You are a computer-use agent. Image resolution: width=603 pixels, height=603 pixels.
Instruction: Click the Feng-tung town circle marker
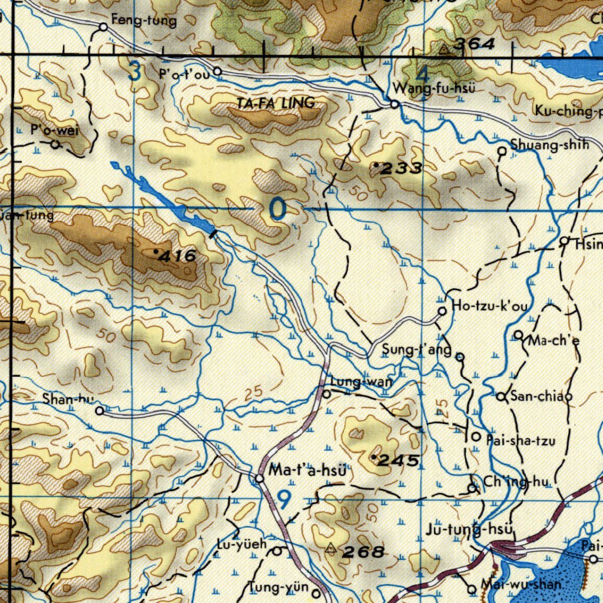[x=103, y=26]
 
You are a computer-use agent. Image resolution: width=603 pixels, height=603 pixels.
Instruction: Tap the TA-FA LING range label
[x=276, y=103]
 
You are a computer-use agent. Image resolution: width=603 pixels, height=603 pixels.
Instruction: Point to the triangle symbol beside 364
[x=444, y=49]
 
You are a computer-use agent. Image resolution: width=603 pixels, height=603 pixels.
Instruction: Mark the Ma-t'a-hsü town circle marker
[x=260, y=478]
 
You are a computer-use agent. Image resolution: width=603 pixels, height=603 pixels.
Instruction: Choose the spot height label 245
[x=399, y=460]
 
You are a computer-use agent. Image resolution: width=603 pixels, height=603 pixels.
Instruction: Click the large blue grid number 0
[x=277, y=209]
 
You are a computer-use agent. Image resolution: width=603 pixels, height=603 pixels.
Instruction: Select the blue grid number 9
[x=284, y=500]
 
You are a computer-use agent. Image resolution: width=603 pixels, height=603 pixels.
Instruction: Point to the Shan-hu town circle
[x=100, y=411]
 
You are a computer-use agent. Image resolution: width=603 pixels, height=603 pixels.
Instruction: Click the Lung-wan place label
[x=361, y=382]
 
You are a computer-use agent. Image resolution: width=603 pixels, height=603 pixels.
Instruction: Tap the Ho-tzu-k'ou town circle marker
[x=442, y=311]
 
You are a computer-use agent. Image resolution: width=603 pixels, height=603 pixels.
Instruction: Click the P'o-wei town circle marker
[x=55, y=144]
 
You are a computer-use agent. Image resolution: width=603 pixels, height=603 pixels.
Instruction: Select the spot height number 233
[x=401, y=169]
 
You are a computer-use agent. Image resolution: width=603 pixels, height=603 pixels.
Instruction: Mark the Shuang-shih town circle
[x=502, y=151]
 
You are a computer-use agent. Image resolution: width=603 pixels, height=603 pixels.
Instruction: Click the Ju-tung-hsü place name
[x=469, y=529]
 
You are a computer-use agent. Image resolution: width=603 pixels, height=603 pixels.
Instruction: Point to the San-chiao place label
[x=541, y=396]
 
